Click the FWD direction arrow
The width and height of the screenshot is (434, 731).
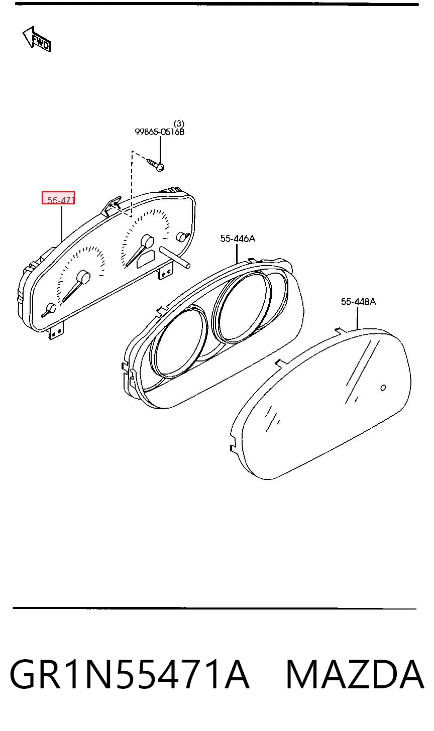point(37,39)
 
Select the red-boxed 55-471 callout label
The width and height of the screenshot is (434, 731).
point(58,198)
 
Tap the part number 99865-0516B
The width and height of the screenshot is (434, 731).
point(160,132)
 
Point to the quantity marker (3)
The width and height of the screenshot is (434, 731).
point(179,124)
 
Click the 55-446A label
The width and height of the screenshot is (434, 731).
point(238,238)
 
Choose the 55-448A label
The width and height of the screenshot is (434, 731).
point(358,302)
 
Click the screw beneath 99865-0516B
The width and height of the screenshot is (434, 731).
point(155,164)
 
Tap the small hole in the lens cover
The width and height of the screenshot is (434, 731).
point(383,388)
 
